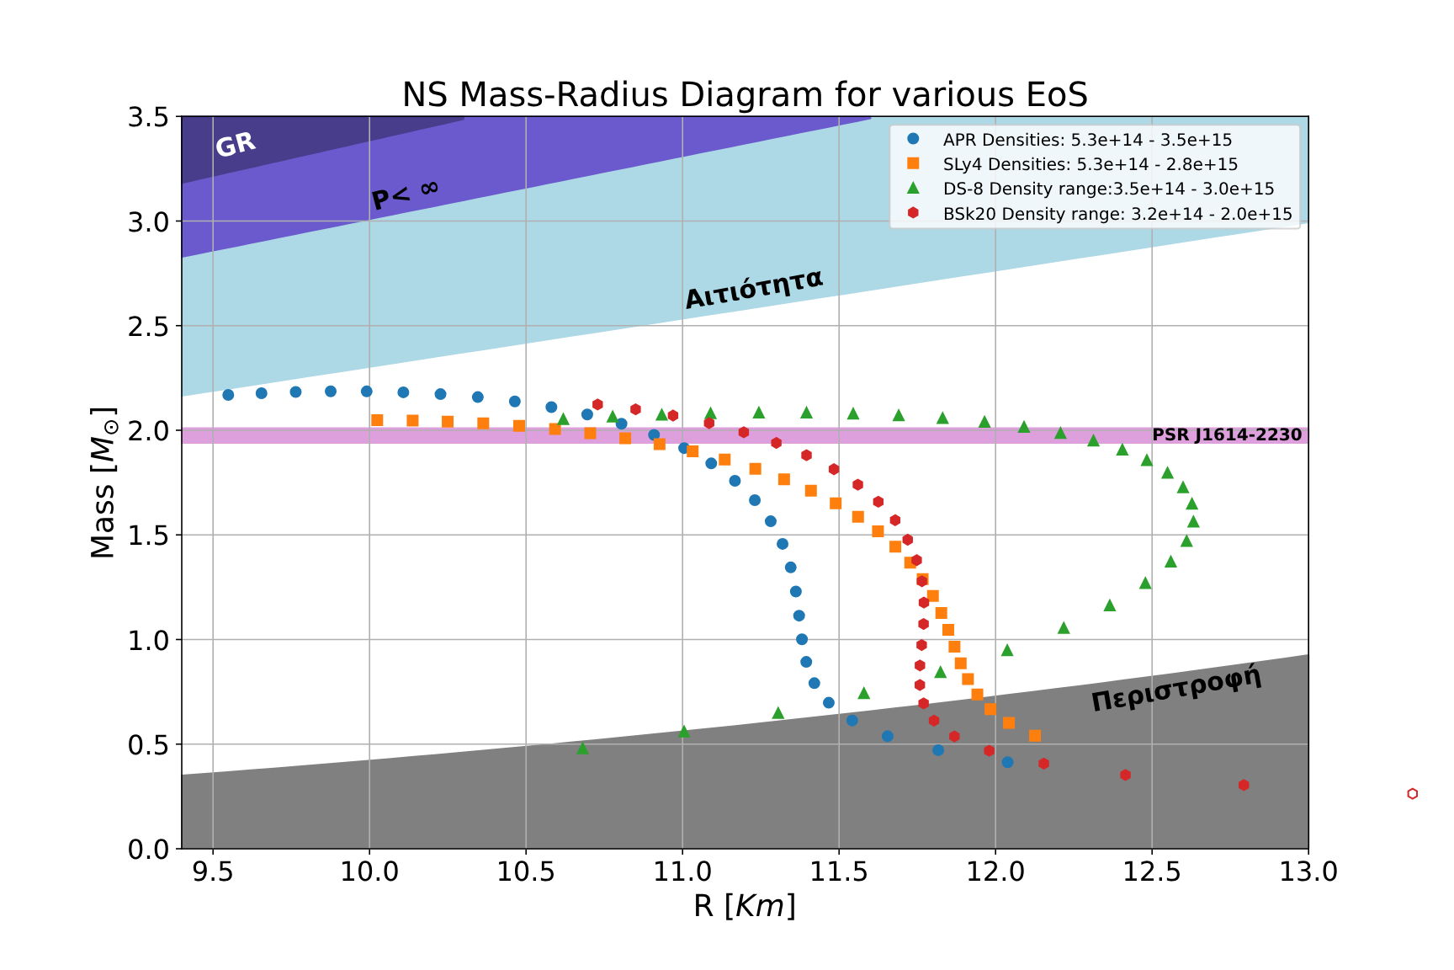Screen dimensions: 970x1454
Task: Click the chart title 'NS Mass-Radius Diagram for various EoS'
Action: click(745, 95)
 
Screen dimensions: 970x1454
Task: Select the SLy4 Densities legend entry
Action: click(1090, 164)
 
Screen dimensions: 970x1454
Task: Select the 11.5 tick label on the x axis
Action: click(838, 871)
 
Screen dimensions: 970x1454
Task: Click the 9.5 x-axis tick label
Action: click(213, 871)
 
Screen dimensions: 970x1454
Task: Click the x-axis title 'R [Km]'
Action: click(745, 906)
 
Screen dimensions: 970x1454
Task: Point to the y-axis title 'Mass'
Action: click(103, 483)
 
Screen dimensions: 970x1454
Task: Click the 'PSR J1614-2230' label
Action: click(1226, 435)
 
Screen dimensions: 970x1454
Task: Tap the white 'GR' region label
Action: click(236, 145)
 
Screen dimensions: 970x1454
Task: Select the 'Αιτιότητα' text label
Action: click(753, 289)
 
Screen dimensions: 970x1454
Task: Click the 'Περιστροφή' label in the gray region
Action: click(1176, 688)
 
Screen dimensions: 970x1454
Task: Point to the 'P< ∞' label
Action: click(405, 195)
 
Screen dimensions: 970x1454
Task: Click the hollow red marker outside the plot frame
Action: click(1412, 793)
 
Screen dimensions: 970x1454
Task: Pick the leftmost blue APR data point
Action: click(228, 395)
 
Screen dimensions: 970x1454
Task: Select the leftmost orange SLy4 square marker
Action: click(377, 420)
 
